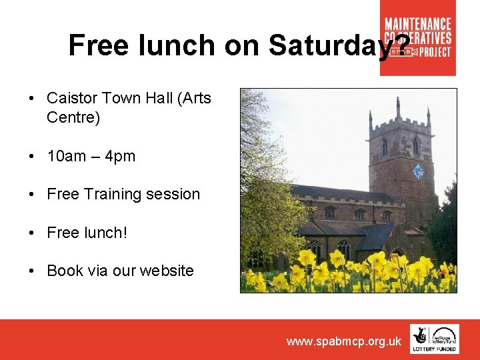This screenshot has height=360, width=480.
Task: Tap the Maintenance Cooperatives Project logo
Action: pyautogui.click(x=418, y=38)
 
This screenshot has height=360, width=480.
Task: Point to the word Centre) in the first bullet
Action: pyautogui.click(x=73, y=118)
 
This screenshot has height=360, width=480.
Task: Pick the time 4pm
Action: pyautogui.click(x=120, y=157)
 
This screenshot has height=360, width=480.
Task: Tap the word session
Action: pyautogui.click(x=175, y=195)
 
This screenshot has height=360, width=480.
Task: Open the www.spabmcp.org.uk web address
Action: pyautogui.click(x=343, y=341)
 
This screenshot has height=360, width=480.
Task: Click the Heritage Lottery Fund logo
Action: pyautogui.click(x=434, y=339)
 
